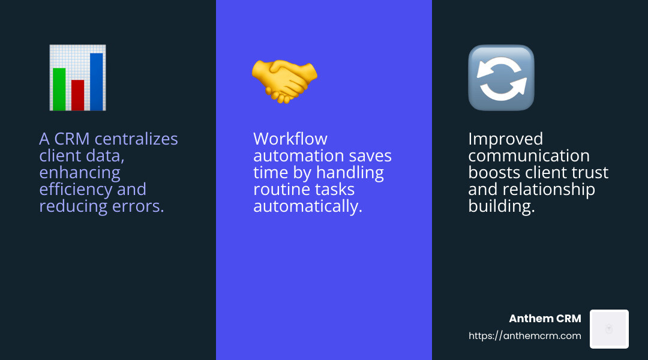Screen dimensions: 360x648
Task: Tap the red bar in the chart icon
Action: tap(77, 95)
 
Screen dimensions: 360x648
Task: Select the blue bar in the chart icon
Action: tap(96, 82)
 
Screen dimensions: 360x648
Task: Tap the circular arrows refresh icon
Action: tap(501, 78)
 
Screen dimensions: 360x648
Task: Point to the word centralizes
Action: tap(136, 139)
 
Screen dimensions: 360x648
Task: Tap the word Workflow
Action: tap(290, 139)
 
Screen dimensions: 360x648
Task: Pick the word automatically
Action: tap(308, 206)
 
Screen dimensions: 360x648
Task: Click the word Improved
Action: tap(505, 139)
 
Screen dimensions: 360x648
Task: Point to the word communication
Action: tap(529, 156)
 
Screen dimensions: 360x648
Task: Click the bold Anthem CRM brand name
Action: tap(545, 319)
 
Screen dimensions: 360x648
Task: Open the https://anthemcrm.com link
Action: tap(525, 336)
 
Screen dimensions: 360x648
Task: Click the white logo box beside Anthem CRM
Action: tap(609, 329)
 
